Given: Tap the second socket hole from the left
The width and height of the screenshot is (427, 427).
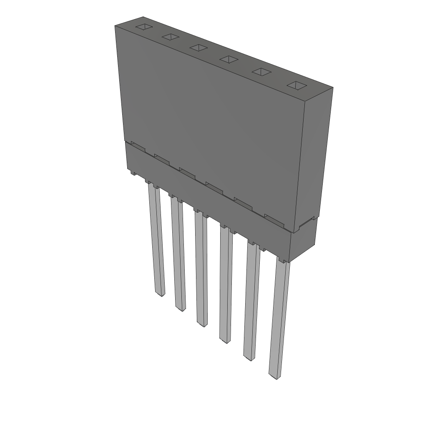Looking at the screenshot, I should tap(171, 38).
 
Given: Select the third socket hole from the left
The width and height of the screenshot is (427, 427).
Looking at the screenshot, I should tap(198, 48).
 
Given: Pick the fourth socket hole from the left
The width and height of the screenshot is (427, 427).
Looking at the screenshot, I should tap(229, 59).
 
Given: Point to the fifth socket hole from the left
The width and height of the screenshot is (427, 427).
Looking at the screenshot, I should tap(261, 72).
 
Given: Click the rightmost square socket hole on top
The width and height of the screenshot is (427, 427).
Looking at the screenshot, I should tap(296, 85).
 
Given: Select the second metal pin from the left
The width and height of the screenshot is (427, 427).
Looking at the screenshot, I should tap(178, 254).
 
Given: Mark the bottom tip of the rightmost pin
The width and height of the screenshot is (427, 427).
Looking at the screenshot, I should tap(274, 377).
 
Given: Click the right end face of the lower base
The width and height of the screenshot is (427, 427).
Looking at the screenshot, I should tap(303, 240).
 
